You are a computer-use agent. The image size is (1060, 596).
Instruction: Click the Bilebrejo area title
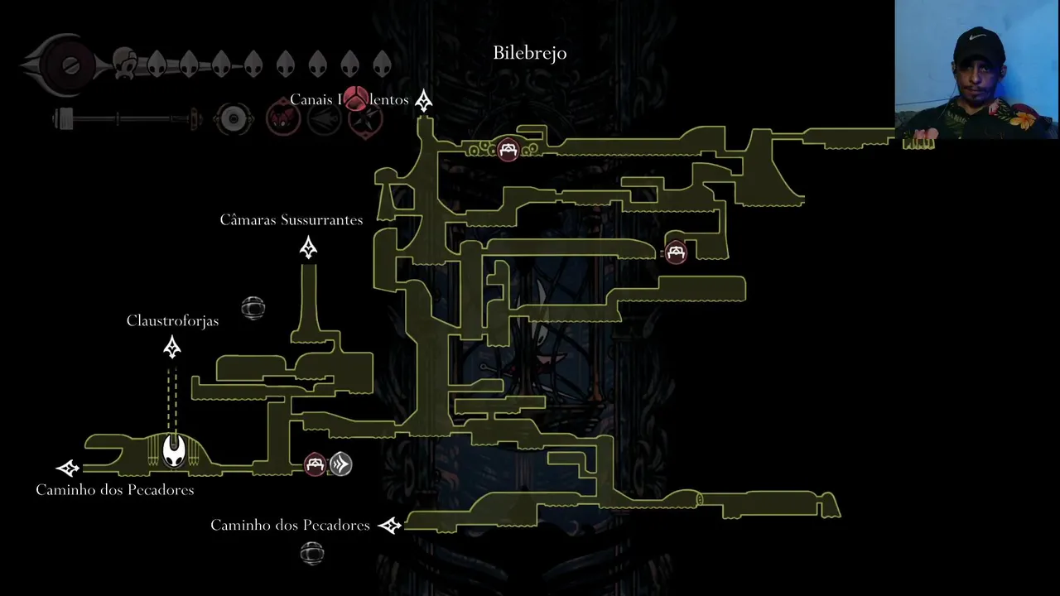pyautogui.click(x=530, y=53)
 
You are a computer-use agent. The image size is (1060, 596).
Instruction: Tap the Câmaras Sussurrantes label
pyautogui.click(x=291, y=220)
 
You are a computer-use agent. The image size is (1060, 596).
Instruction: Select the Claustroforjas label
pyautogui.click(x=173, y=320)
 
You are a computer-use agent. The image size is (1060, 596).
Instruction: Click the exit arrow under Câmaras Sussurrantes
pyautogui.click(x=309, y=248)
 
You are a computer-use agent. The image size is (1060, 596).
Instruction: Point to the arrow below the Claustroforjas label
pyautogui.click(x=172, y=348)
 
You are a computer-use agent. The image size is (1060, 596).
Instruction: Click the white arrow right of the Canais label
pyautogui.click(x=424, y=101)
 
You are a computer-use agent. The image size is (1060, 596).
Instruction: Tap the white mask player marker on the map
pyautogui.click(x=174, y=450)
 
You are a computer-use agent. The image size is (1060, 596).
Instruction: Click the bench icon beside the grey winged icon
pyautogui.click(x=315, y=464)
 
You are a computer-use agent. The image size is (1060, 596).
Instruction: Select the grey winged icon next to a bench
pyautogui.click(x=340, y=464)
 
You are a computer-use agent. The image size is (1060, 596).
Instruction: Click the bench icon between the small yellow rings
pyautogui.click(x=508, y=150)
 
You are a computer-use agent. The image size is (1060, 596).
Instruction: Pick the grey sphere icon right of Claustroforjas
pyautogui.click(x=253, y=308)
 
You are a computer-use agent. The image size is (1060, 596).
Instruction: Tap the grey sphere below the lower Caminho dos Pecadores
pyautogui.click(x=311, y=553)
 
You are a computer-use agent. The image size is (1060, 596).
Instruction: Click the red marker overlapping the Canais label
pyautogui.click(x=355, y=99)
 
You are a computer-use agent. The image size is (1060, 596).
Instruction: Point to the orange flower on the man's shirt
pyautogui.click(x=1024, y=121)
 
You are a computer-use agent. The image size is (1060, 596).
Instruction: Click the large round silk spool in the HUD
pyautogui.click(x=70, y=65)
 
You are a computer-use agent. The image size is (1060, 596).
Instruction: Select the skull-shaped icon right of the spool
pyautogui.click(x=125, y=64)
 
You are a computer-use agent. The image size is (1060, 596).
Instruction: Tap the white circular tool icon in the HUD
pyautogui.click(x=234, y=120)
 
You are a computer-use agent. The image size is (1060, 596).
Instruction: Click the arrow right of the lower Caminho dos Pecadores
pyautogui.click(x=389, y=526)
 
